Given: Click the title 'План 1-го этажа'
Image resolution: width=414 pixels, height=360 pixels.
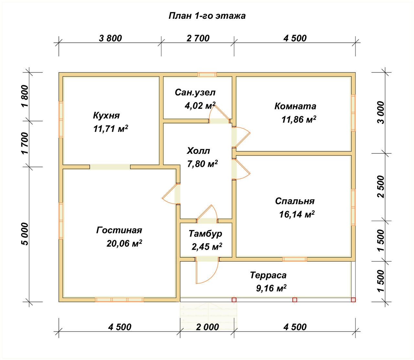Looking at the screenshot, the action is (207, 16).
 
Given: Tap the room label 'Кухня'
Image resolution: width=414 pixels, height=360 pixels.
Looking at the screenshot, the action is (106, 115).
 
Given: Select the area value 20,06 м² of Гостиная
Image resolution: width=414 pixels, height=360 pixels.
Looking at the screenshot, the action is (124, 243).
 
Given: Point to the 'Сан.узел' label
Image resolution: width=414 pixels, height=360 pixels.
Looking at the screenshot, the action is (195, 93).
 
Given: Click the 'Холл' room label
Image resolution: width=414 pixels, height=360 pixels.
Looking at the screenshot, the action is (198, 151).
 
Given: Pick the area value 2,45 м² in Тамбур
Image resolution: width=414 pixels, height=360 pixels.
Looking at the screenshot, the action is (207, 246).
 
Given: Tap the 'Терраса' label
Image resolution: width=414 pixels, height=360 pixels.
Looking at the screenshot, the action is (268, 275).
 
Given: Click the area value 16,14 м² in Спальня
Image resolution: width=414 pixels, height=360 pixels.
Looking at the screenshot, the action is (297, 214).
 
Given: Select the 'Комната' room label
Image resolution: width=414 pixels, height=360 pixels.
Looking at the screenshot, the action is (295, 106).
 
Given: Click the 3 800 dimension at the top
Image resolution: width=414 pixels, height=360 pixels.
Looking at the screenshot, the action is (111, 38).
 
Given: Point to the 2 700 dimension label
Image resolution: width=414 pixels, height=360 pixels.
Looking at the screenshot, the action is (198, 38).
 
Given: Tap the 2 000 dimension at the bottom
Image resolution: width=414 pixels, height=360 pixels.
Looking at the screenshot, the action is (207, 327).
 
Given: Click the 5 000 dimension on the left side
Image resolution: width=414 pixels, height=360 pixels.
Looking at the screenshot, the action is (25, 234).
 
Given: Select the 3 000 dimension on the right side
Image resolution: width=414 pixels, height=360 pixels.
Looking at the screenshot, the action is (381, 113).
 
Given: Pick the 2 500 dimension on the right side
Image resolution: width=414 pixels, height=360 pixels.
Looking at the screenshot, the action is (381, 186).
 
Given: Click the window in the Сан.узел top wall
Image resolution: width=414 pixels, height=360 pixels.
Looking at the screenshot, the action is (207, 74).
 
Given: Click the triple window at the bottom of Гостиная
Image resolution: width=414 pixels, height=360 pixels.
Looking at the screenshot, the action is (119, 299).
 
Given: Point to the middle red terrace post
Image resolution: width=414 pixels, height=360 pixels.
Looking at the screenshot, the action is (295, 300).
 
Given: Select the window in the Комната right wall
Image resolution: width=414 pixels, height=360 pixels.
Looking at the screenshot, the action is (353, 113).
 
